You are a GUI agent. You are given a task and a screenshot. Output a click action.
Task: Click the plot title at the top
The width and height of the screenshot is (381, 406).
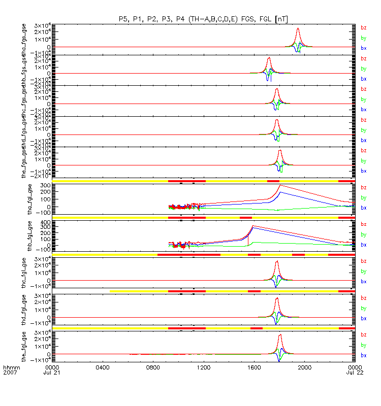pyautogui.click(x=203, y=19)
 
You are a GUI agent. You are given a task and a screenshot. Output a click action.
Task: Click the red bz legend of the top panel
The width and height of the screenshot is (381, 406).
pyautogui.click(x=363, y=27)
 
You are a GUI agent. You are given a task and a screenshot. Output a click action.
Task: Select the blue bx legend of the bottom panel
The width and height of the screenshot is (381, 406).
pyautogui.click(x=363, y=355)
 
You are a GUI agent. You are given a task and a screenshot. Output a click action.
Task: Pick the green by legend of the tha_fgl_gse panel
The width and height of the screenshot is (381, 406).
pyautogui.click(x=363, y=198)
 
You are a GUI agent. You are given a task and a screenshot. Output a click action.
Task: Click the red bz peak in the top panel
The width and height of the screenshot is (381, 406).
pyautogui.click(x=298, y=28)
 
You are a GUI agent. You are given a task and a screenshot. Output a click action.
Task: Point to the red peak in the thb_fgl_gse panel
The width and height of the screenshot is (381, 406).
pyautogui.click(x=253, y=226)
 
